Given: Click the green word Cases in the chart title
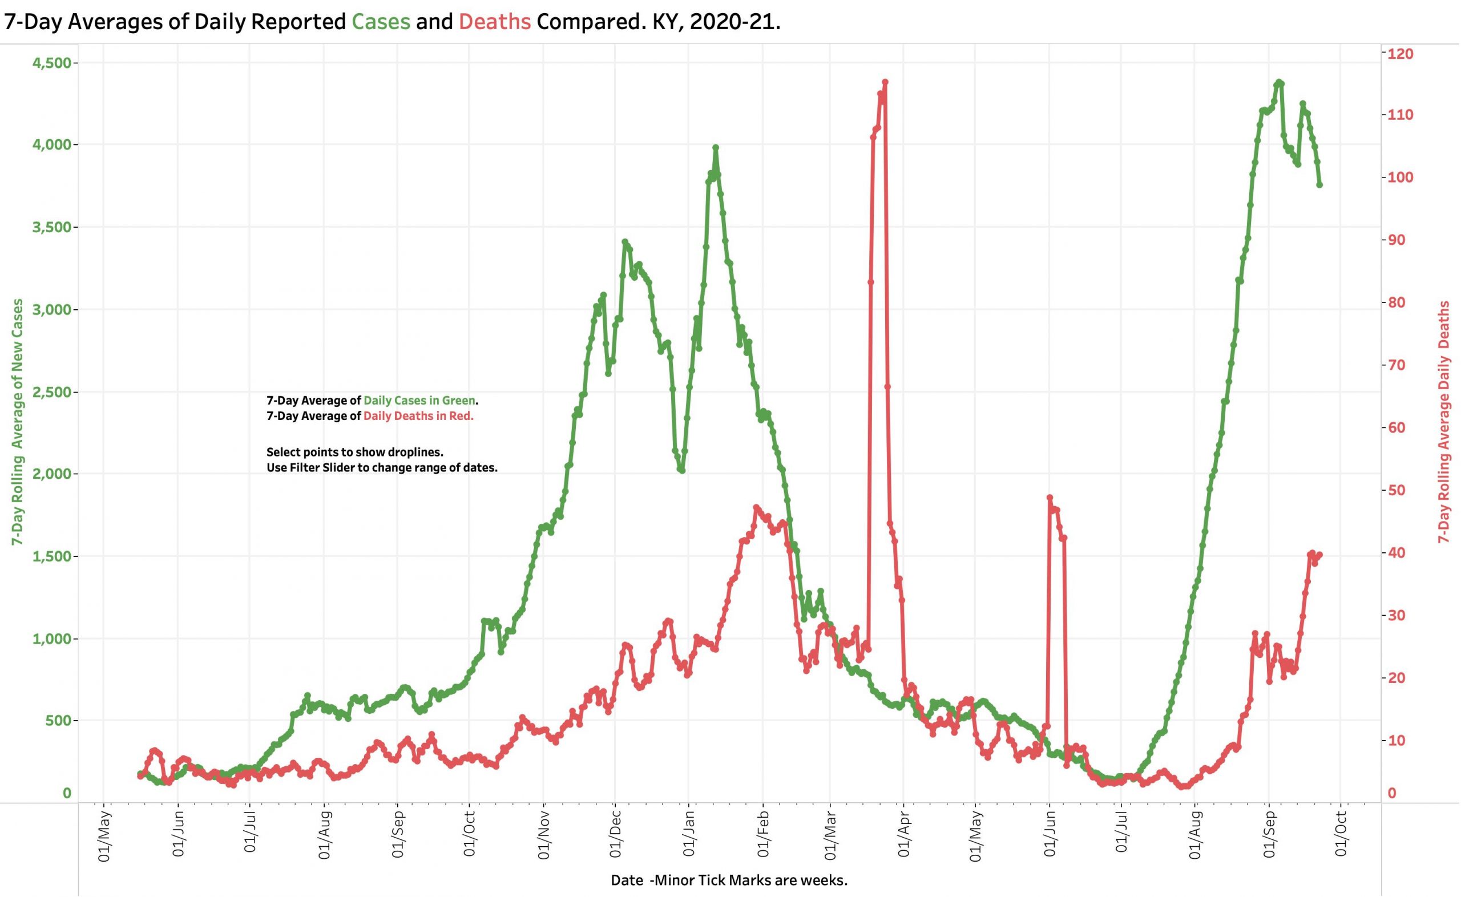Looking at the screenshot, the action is coord(380,22).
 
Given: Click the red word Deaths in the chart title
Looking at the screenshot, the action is coord(495,22).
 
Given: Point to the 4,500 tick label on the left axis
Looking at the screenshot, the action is coord(51,63).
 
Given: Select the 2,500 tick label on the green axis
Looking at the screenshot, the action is coord(51,392).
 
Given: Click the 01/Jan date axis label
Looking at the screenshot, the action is coord(689,834).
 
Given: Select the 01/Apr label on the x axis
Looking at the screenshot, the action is coord(903,834).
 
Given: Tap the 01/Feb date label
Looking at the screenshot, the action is coord(763,834).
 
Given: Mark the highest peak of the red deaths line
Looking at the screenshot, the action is coord(885,82).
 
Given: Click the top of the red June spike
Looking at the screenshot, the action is coord(1050,498).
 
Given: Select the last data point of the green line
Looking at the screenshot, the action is coord(1319,185).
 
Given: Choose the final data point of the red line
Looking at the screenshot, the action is coord(1319,555).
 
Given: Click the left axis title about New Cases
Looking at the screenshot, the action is coord(18,422).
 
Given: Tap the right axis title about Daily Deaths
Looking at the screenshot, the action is coord(1444,422).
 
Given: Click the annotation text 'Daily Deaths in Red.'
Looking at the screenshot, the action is coord(418,416).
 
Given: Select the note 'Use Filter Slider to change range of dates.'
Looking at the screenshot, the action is coord(382,467).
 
